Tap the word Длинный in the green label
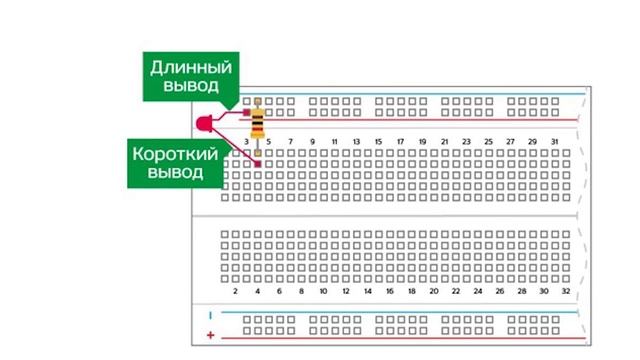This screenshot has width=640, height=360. point(191,69)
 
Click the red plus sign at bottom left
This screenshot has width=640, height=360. point(210,332)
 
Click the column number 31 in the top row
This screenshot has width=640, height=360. point(554,141)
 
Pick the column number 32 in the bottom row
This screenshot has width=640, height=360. point(565,292)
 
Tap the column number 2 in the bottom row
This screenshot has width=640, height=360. point(235,292)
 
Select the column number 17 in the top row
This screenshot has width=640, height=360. point(400,141)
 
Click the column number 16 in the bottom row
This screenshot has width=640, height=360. point(389,292)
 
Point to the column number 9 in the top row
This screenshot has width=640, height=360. point(312,141)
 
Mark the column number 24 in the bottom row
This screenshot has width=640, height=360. point(477,292)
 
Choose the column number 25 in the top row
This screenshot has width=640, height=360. point(488,141)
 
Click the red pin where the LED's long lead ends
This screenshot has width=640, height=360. point(246,112)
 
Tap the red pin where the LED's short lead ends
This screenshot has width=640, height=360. point(257,163)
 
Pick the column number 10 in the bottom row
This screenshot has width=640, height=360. point(323,292)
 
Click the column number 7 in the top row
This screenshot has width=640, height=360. point(290,141)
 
